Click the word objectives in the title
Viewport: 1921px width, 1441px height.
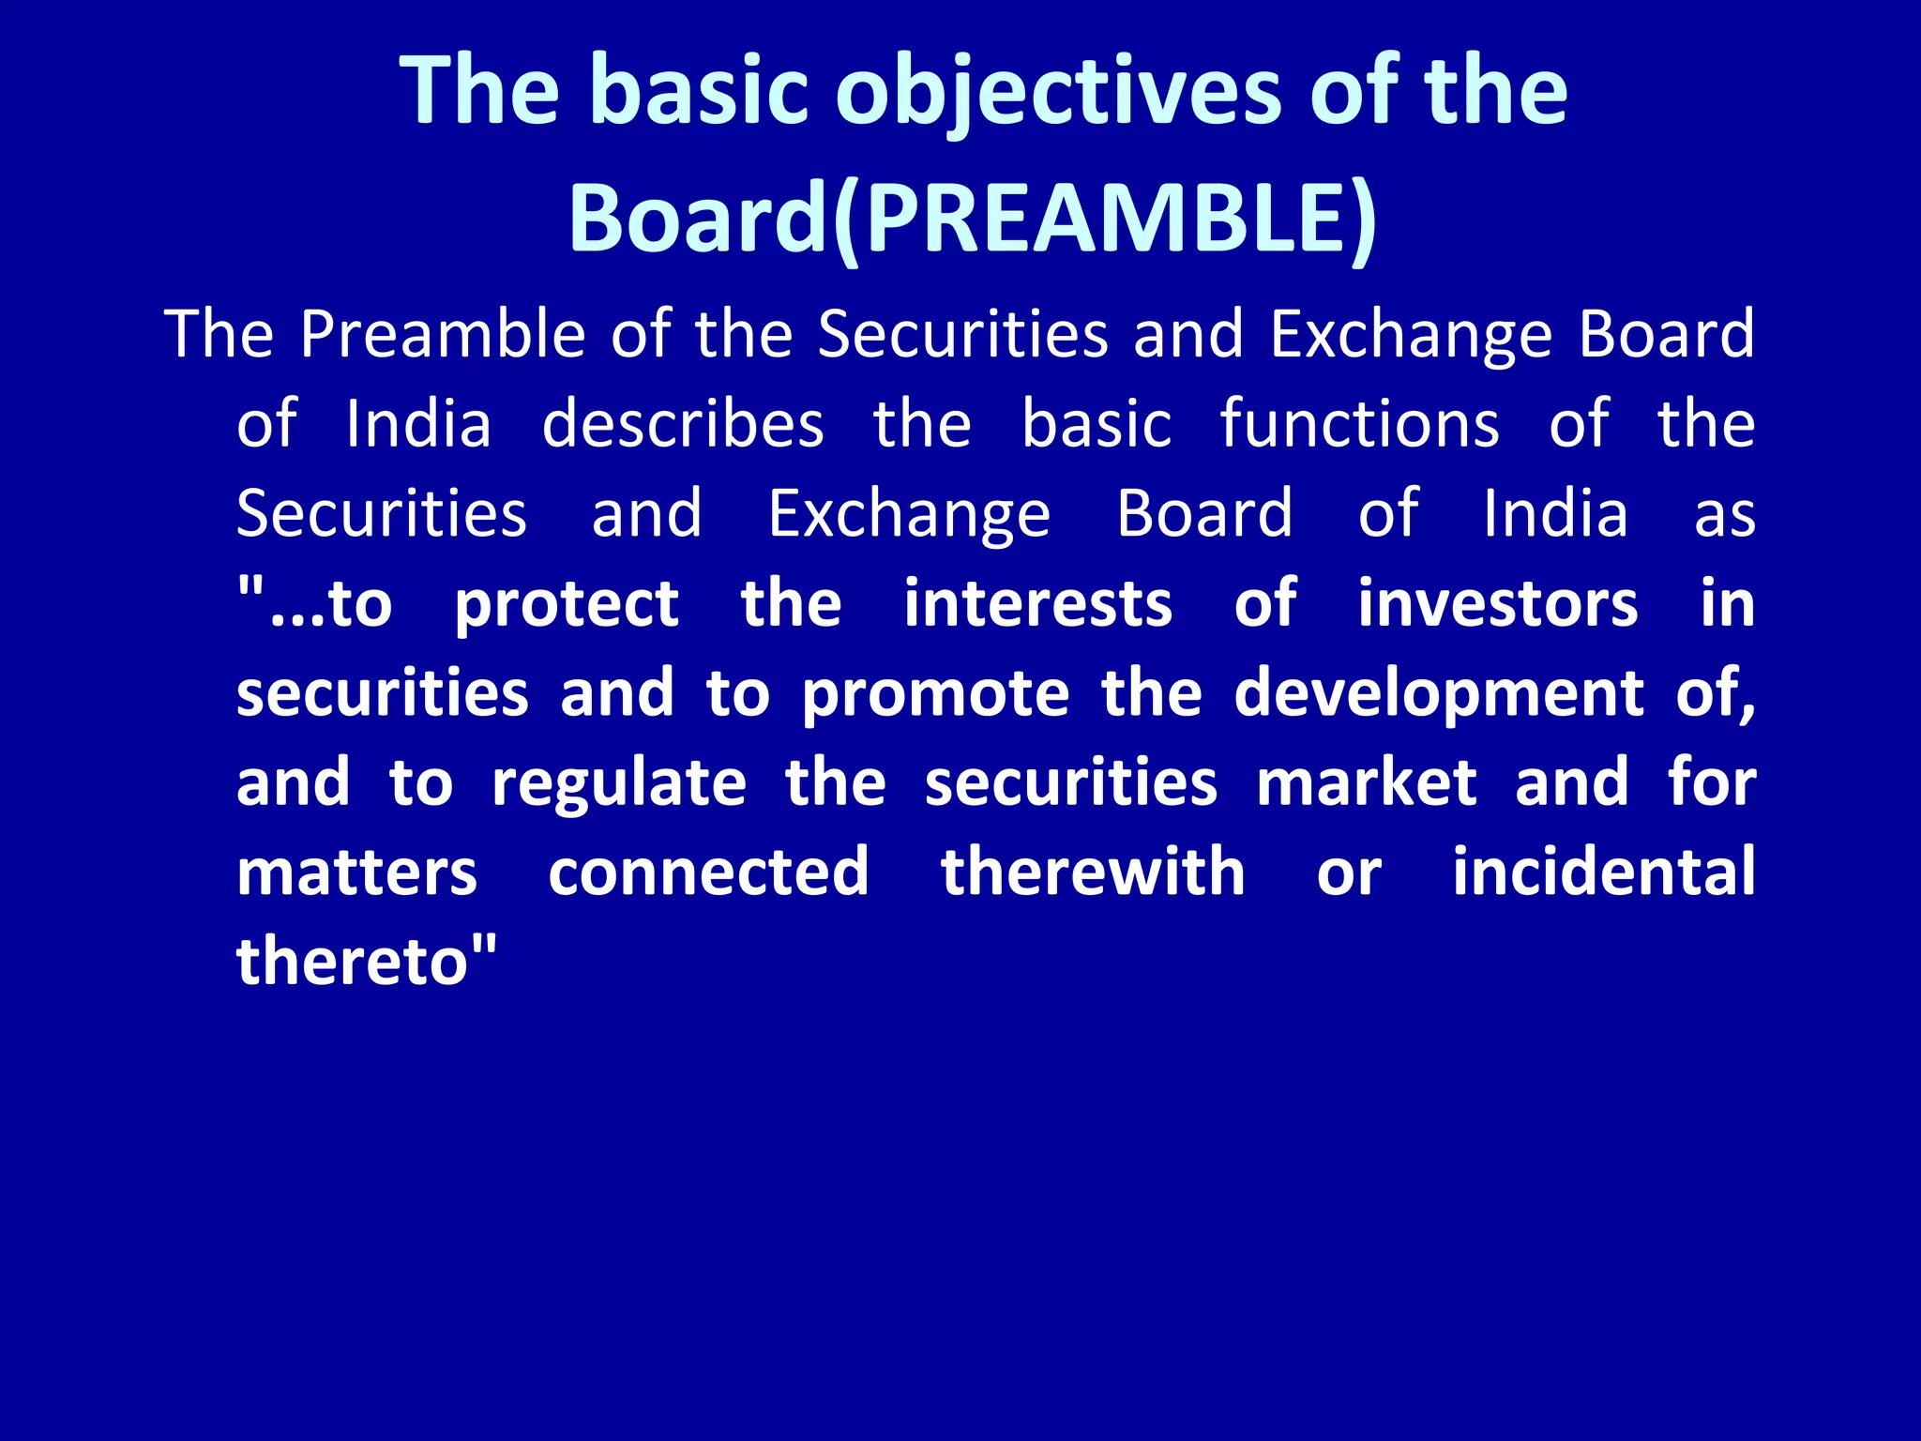pyautogui.click(x=1057, y=92)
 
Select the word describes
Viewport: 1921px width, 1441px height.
pyautogui.click(x=683, y=424)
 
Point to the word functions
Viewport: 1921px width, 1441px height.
pyautogui.click(x=1359, y=424)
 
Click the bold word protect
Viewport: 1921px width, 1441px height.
pyautogui.click(x=567, y=605)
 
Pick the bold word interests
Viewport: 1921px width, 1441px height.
pyautogui.click(x=1037, y=603)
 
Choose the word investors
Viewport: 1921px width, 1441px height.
pyautogui.click(x=1498, y=603)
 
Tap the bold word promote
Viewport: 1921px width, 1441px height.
pyautogui.click(x=935, y=695)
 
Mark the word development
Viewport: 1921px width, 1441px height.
pyautogui.click(x=1439, y=695)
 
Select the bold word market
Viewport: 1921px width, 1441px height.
pyautogui.click(x=1367, y=783)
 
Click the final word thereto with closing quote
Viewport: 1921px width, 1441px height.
pyautogui.click(x=366, y=962)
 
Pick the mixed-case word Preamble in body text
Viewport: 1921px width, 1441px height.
pyautogui.click(x=443, y=335)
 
